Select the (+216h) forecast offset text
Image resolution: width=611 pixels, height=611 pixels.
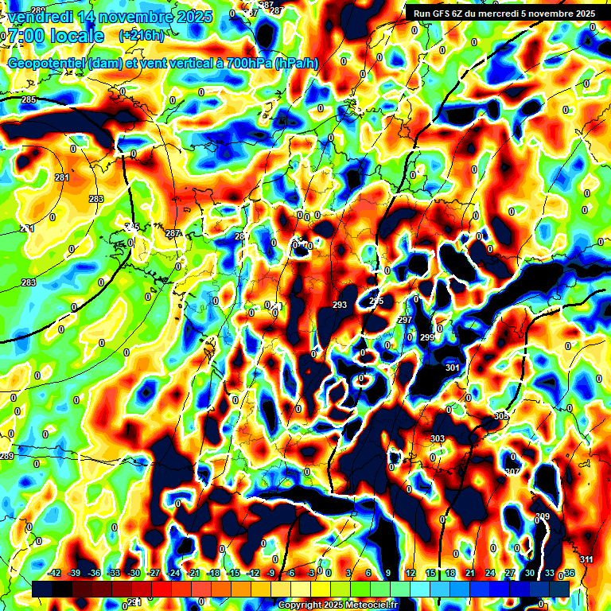click(142, 36)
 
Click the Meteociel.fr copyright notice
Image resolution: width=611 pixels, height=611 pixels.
click(339, 605)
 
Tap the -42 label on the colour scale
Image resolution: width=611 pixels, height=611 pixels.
click(55, 573)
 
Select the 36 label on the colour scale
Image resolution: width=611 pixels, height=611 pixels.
click(569, 573)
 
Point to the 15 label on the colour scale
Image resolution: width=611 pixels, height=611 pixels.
click(430, 573)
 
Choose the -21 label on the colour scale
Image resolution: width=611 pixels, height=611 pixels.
click(193, 573)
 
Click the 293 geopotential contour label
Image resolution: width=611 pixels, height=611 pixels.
click(340, 305)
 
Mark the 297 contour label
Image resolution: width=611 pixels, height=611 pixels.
click(405, 320)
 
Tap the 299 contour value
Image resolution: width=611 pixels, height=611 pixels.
click(427, 338)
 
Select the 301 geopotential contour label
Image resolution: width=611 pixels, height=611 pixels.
click(453, 368)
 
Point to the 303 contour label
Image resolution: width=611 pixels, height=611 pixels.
click(437, 439)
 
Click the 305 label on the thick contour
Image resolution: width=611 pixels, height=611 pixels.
click(500, 416)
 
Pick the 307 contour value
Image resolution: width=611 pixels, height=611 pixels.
click(512, 472)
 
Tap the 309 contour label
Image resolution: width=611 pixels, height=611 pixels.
click(543, 517)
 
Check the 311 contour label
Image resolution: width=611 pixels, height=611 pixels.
click(586, 560)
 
